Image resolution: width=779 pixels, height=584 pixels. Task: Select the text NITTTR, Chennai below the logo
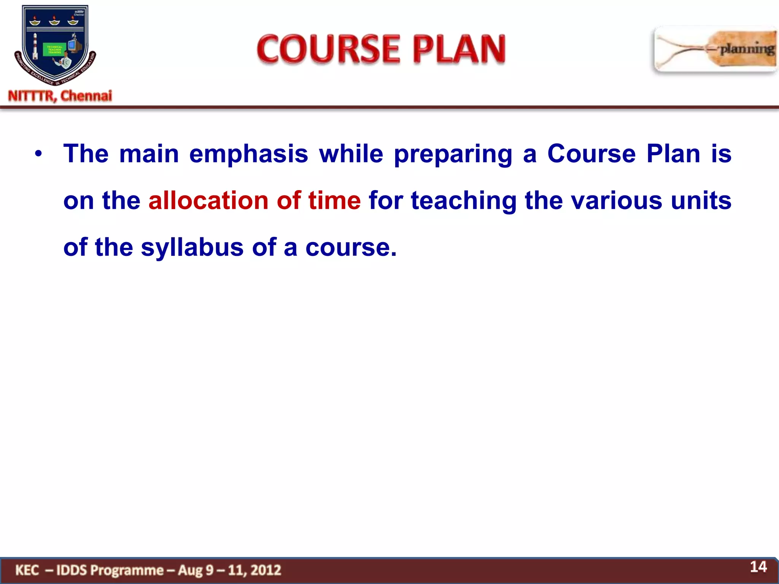click(x=60, y=96)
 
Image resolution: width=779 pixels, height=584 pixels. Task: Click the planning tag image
click(x=715, y=49)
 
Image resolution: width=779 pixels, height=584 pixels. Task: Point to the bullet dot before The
click(x=38, y=154)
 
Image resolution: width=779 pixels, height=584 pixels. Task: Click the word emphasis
click(x=248, y=154)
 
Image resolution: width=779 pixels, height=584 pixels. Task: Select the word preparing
click(x=453, y=154)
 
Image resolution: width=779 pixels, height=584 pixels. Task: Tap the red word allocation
click(x=208, y=200)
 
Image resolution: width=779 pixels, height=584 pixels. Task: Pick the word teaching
click(x=464, y=201)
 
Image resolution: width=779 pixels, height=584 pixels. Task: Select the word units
click(x=701, y=200)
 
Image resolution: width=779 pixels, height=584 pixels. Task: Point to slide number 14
click(x=758, y=567)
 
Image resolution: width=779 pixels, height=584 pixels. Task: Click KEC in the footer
click(x=27, y=570)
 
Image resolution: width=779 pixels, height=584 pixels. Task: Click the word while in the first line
click(x=351, y=154)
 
